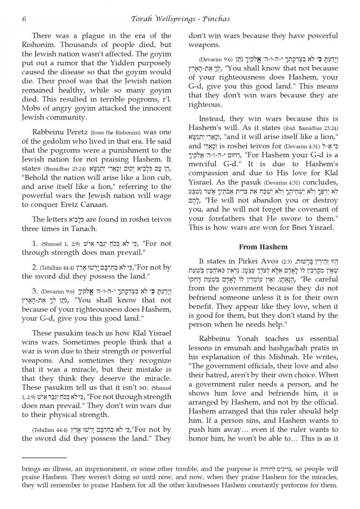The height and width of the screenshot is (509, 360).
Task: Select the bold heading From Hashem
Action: coord(263,246)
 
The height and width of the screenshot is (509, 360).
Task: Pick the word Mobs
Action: coord(31,109)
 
